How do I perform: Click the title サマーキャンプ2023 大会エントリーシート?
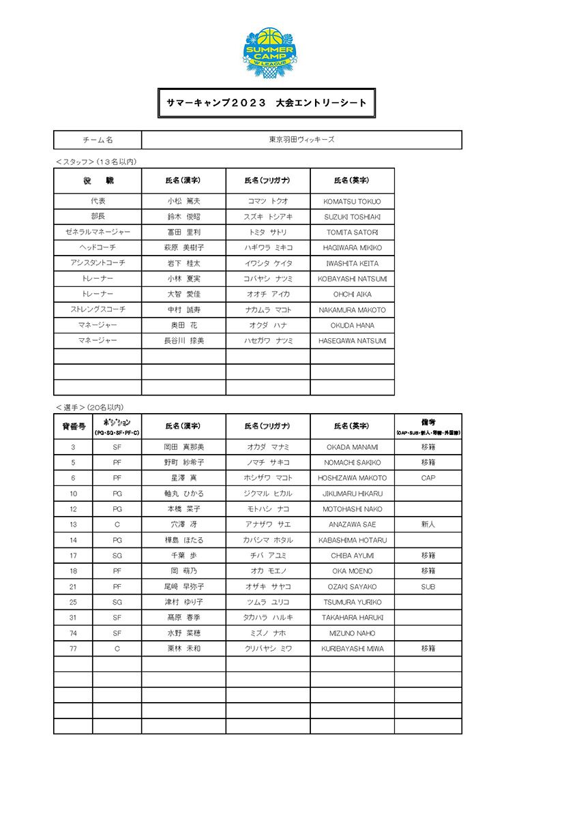pyautogui.click(x=267, y=103)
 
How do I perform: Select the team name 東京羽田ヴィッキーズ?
pyautogui.click(x=301, y=140)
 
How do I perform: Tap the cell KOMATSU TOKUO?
pyautogui.click(x=352, y=202)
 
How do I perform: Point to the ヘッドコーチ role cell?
pyautogui.click(x=98, y=247)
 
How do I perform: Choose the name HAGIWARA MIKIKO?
pyautogui.click(x=352, y=248)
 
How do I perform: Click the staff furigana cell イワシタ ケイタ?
pyautogui.click(x=268, y=263)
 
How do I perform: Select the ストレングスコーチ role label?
pyautogui.click(x=98, y=309)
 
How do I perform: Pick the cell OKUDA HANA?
pyautogui.click(x=352, y=325)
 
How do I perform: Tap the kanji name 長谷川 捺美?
pyautogui.click(x=183, y=341)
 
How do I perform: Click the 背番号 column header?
pyautogui.click(x=73, y=426)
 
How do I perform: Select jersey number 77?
pyautogui.click(x=73, y=649)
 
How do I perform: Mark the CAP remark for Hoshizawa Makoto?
pyautogui.click(x=428, y=479)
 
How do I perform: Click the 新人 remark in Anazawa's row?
pyautogui.click(x=428, y=525)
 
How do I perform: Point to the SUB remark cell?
pyautogui.click(x=428, y=587)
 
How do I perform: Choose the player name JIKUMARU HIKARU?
pyautogui.click(x=352, y=494)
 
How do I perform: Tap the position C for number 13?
pyautogui.click(x=117, y=525)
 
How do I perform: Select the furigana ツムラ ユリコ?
pyautogui.click(x=268, y=603)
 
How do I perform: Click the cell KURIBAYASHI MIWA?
pyautogui.click(x=352, y=649)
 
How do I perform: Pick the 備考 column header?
pyautogui.click(x=428, y=426)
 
